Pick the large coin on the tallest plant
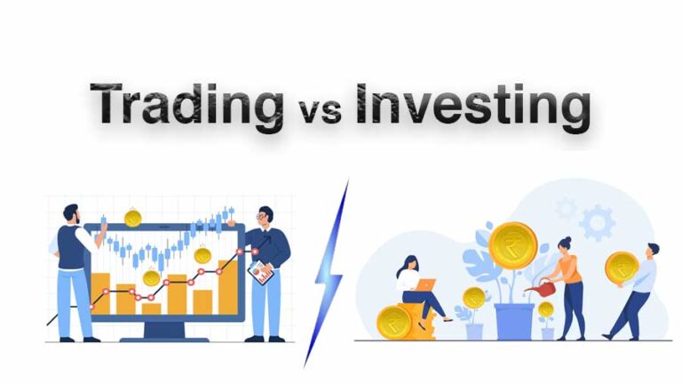point(512,245)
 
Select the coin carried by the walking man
point(622,267)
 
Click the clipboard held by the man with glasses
point(260,272)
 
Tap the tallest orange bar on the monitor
point(228,286)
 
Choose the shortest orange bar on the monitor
point(152,308)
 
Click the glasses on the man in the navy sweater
point(263,215)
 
